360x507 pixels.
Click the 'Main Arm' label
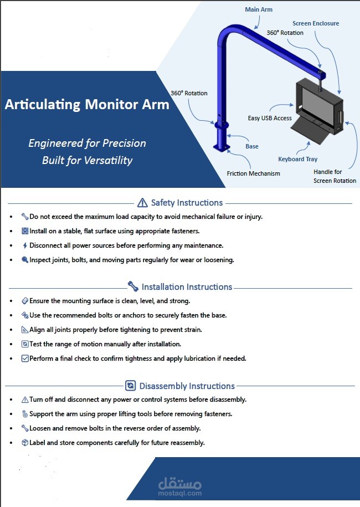(259, 9)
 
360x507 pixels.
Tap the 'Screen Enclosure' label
(316, 23)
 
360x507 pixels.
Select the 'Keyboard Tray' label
(297, 159)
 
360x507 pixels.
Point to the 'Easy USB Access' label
(270, 118)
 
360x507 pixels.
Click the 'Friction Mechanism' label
(253, 173)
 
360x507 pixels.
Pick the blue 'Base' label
(252, 146)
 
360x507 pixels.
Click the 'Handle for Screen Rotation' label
(335, 176)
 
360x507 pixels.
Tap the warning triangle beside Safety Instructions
(142, 203)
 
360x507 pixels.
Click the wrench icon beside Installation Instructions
(133, 286)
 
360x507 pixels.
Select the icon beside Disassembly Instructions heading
(131, 386)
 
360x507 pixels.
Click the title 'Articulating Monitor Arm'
(87, 104)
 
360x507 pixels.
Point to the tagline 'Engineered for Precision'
(88, 143)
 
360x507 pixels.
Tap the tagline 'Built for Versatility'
(88, 160)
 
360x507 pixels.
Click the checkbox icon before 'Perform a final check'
(25, 359)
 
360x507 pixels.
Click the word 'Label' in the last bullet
(38, 443)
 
